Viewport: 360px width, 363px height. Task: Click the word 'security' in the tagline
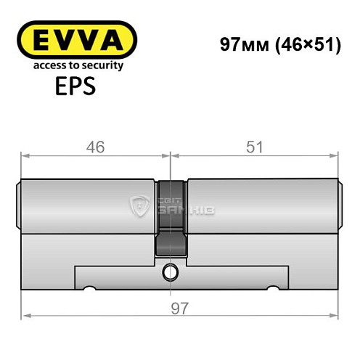click(x=101, y=65)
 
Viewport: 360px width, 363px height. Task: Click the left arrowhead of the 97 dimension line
click(x=24, y=317)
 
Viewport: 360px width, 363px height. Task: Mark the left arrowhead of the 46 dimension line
click(x=24, y=155)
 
